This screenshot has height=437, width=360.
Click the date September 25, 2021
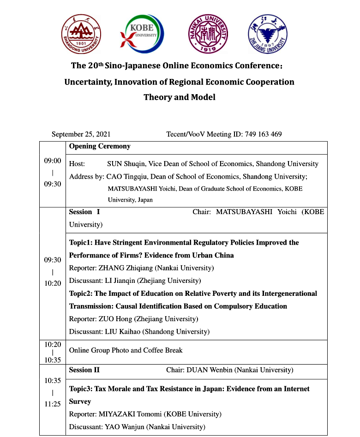pyautogui.click(x=81, y=134)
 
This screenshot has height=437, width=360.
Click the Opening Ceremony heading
pyautogui.click(x=100, y=146)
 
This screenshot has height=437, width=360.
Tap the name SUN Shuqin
pyautogui.click(x=126, y=164)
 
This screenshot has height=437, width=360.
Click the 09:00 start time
pyautogui.click(x=53, y=161)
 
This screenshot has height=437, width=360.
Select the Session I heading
pyautogui.click(x=84, y=212)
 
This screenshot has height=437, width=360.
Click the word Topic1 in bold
pyautogui.click(x=80, y=243)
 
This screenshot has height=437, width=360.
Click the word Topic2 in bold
pyautogui.click(x=80, y=293)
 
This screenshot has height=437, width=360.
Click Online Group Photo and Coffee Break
pyautogui.click(x=126, y=350)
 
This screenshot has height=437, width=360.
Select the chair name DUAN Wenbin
pyautogui.click(x=210, y=370)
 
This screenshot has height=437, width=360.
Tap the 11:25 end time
pyautogui.click(x=53, y=404)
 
